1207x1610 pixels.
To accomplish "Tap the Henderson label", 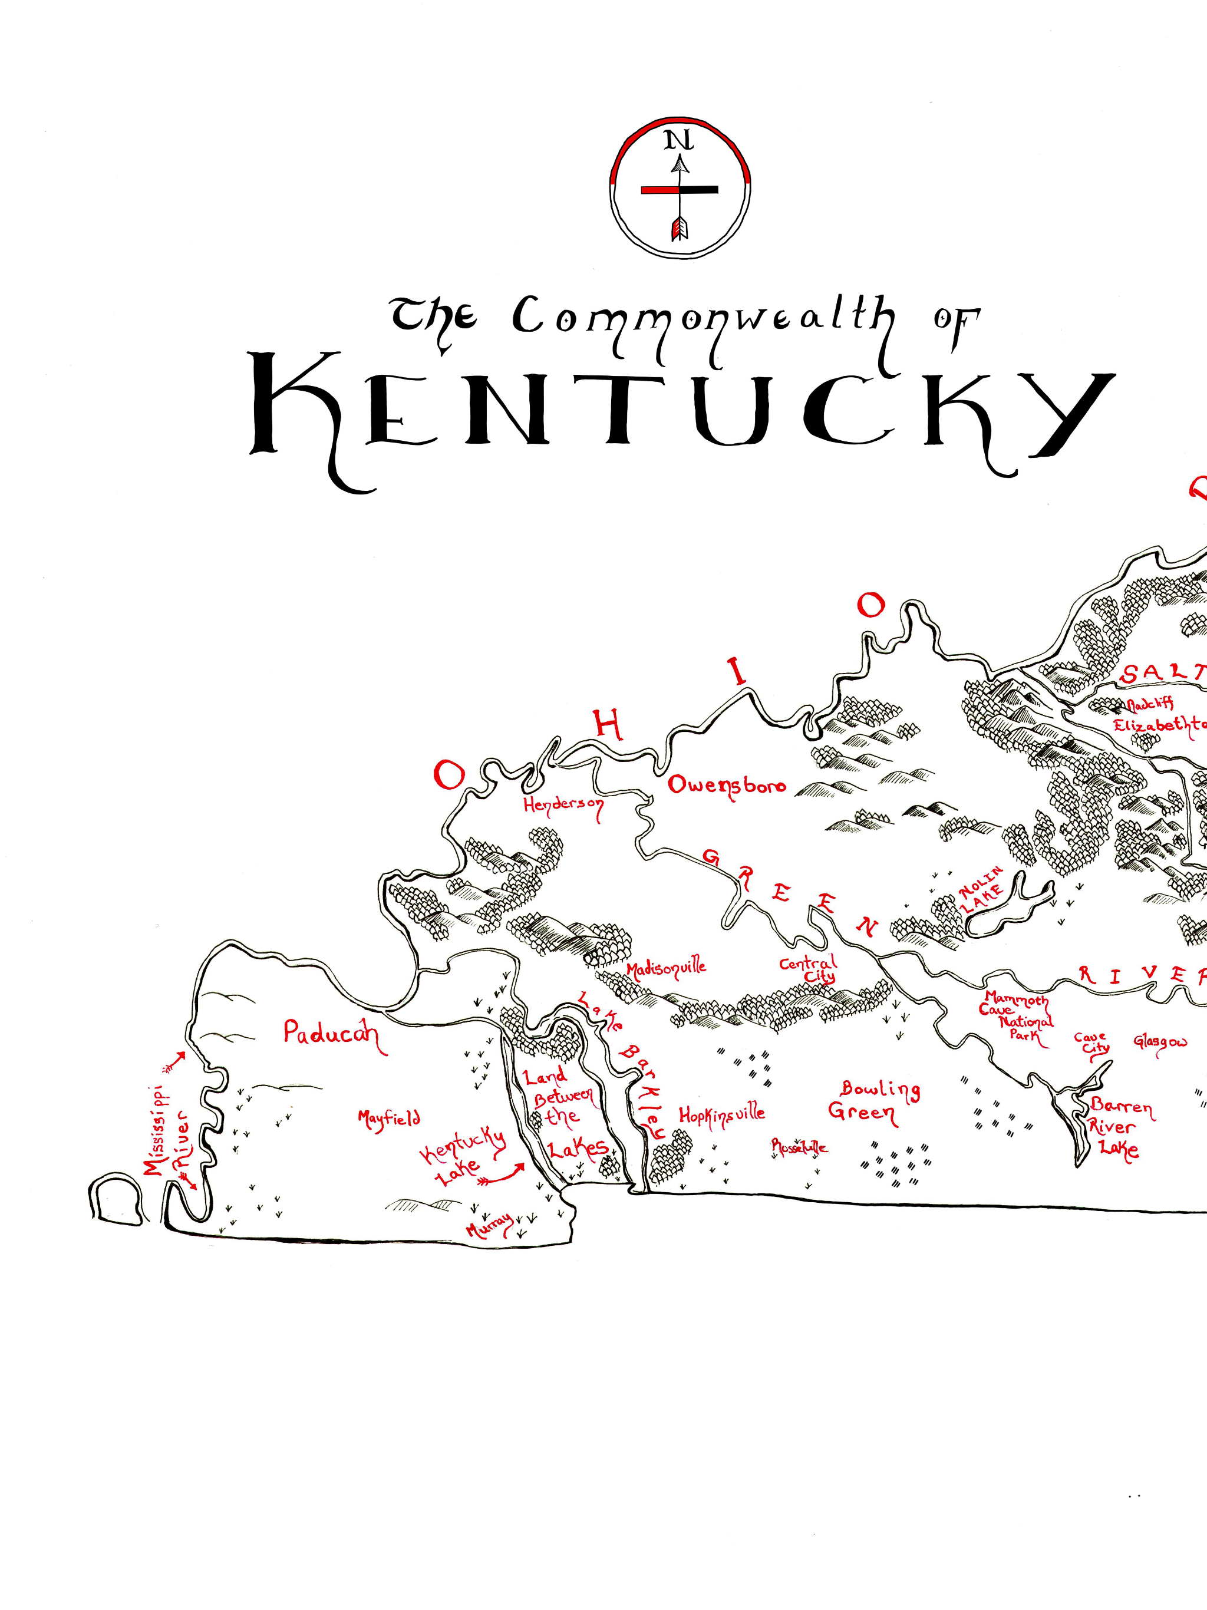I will point(563,806).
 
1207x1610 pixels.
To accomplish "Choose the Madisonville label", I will point(666,969).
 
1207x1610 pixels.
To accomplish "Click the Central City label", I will point(810,969).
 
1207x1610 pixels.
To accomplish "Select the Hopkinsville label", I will point(721,1115).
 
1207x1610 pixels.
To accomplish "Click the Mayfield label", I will point(389,1119).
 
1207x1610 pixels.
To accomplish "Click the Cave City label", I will point(1092,1044).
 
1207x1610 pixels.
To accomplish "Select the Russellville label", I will point(799,1148).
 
